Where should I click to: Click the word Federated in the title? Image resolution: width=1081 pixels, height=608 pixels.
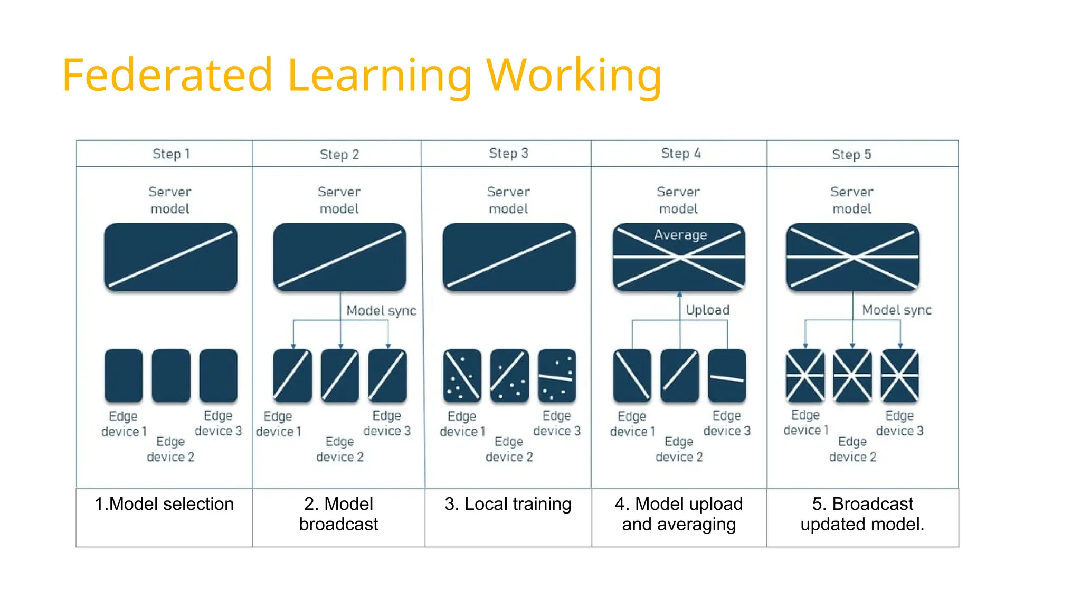tap(167, 75)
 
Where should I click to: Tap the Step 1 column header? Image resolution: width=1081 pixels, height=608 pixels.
tap(170, 154)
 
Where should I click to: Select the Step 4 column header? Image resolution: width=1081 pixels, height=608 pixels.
tap(680, 154)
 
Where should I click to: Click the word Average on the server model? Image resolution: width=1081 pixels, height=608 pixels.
tap(680, 235)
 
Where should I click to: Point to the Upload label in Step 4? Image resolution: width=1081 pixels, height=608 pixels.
tap(707, 310)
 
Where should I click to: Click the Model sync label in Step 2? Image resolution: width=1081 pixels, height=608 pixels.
tap(381, 310)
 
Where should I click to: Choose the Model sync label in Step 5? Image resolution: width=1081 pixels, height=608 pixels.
tap(897, 310)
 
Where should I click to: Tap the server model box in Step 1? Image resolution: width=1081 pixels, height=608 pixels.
tap(170, 257)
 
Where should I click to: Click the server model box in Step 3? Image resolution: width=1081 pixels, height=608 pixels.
tap(509, 257)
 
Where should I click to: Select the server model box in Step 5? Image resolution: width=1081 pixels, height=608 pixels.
tap(852, 257)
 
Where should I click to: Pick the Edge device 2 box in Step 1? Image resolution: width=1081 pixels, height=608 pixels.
tap(171, 375)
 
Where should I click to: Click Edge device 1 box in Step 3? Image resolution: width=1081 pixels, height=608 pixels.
tap(462, 375)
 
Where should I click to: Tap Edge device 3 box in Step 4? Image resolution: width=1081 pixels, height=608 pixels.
tap(727, 375)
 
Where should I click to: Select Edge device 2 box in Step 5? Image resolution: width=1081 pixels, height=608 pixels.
tap(852, 375)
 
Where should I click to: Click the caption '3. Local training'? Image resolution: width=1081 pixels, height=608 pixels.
tap(508, 504)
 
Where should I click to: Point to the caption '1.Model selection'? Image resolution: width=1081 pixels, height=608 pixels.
tap(164, 504)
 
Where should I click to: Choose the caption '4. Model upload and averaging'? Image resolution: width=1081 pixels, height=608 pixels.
tap(679, 514)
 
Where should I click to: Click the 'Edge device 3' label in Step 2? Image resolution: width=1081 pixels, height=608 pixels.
tap(387, 423)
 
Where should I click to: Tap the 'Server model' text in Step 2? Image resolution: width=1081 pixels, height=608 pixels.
tap(339, 200)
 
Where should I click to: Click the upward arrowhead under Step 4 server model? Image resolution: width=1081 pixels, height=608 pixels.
tap(680, 294)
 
